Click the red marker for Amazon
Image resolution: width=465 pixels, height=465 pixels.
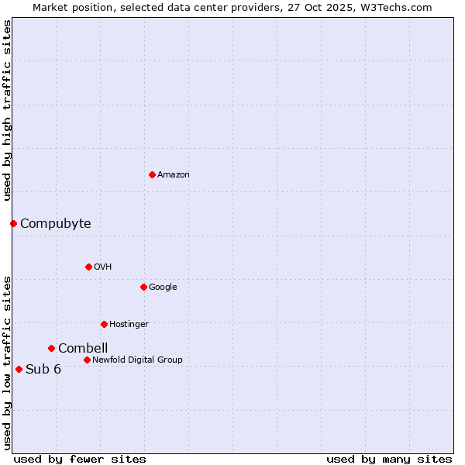[152, 174]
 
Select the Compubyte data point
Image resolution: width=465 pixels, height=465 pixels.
[13, 223]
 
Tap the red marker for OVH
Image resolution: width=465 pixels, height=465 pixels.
[88, 267]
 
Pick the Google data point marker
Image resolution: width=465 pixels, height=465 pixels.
[143, 287]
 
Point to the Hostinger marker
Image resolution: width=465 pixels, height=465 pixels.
[104, 324]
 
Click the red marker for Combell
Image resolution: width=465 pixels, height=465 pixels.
[51, 348]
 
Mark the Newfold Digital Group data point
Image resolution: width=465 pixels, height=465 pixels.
[87, 360]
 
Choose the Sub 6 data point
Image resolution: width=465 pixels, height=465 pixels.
[19, 369]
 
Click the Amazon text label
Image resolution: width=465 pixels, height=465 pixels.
[174, 175]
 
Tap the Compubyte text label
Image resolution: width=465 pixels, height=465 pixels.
[55, 224]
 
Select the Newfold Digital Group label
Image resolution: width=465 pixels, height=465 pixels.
[137, 360]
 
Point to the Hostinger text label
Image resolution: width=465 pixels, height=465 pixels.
[129, 324]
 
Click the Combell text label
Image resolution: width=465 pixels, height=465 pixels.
[83, 349]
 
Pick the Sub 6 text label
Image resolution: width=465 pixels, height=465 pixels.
[43, 370]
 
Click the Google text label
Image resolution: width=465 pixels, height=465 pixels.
[163, 288]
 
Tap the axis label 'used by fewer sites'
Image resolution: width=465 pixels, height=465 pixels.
[80, 459]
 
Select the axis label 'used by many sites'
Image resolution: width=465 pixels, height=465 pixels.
[389, 459]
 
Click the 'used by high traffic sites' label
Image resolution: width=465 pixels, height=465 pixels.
[7, 110]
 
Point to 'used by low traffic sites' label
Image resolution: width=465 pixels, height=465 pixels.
[7, 363]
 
